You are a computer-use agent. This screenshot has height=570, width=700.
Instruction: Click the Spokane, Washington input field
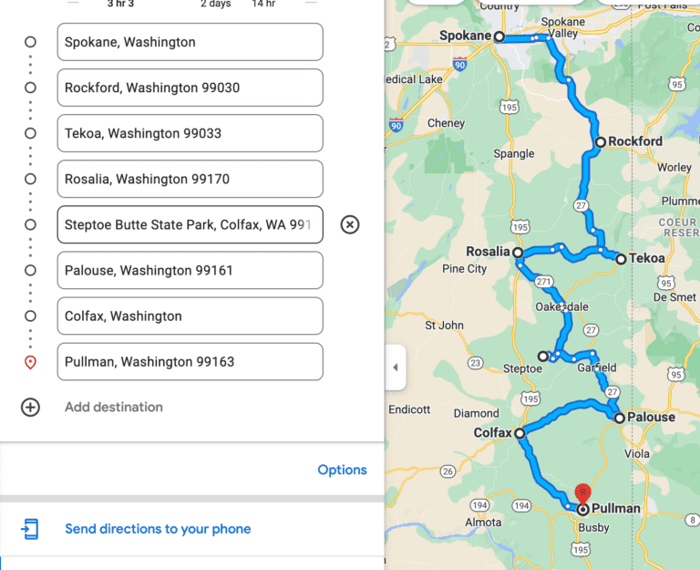click(x=190, y=42)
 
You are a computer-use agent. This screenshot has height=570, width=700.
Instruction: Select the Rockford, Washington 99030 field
click(x=190, y=88)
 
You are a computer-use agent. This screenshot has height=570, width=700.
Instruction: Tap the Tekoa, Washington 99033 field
click(x=190, y=133)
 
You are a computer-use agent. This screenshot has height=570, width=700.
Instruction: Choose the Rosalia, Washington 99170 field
click(x=190, y=179)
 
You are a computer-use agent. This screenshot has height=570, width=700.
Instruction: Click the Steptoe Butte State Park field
click(x=190, y=224)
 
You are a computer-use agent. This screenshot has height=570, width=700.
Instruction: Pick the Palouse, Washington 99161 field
click(x=190, y=270)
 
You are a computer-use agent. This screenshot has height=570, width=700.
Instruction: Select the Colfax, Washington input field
click(x=190, y=316)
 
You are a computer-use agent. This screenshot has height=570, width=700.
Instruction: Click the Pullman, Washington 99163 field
click(x=190, y=361)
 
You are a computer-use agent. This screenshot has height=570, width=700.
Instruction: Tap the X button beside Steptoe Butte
click(x=350, y=224)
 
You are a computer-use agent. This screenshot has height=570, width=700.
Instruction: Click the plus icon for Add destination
click(x=30, y=407)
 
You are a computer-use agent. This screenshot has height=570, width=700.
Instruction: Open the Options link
click(x=342, y=470)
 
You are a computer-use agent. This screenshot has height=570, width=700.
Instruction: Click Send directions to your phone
click(x=158, y=529)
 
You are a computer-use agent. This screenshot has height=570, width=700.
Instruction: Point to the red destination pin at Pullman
click(x=583, y=493)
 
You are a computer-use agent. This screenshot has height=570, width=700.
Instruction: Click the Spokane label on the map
click(x=465, y=36)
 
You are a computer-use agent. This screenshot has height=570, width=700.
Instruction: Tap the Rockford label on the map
click(x=635, y=141)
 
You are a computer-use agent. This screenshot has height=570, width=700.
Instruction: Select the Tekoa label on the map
click(x=646, y=259)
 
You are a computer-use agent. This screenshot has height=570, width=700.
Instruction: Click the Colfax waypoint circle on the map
click(x=519, y=433)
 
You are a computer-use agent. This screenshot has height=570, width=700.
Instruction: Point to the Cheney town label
click(x=446, y=123)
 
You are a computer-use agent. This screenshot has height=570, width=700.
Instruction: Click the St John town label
click(x=445, y=325)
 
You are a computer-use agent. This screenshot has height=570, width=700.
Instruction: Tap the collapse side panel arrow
click(x=395, y=368)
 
